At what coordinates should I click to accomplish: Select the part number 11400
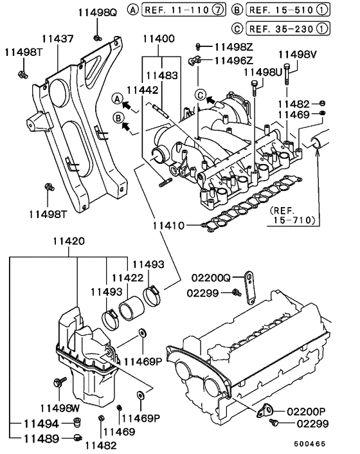point(158,39)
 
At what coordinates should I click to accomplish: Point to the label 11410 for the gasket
point(169,226)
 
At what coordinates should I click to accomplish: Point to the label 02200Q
point(212,278)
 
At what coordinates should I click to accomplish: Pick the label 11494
point(41,424)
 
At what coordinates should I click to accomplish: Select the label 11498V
point(297,54)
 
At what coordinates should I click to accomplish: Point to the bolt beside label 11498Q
point(96,38)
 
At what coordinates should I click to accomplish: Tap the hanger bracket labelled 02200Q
point(249,286)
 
